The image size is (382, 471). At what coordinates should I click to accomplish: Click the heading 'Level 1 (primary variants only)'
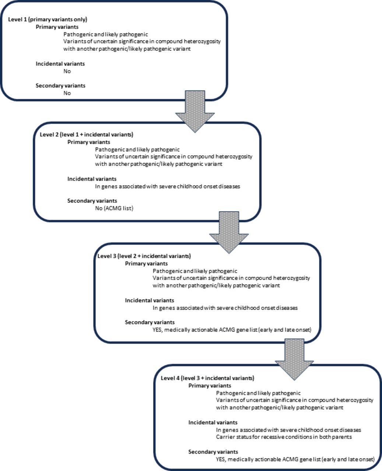[x=48, y=20]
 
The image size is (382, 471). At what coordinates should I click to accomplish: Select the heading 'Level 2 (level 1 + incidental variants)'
[x=87, y=134]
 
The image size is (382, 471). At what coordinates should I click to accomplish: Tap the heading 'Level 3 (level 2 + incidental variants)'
[x=144, y=256]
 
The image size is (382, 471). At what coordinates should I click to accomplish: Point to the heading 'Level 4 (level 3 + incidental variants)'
[x=207, y=378]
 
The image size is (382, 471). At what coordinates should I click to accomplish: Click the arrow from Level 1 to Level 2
[x=195, y=111]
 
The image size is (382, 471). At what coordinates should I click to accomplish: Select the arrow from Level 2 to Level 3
[x=229, y=233]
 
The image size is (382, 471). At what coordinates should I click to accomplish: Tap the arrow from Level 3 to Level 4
[x=294, y=360]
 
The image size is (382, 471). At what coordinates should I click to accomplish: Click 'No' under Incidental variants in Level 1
[x=67, y=71]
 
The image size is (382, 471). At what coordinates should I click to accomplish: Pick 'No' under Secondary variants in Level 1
[x=67, y=93]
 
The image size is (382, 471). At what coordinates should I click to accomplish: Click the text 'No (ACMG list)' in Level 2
[x=114, y=208]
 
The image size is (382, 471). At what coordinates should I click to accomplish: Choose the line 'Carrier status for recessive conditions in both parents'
[x=284, y=437]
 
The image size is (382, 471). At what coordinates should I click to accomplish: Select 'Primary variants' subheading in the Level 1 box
[x=57, y=27]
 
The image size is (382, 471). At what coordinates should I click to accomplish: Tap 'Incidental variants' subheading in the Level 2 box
[x=92, y=179]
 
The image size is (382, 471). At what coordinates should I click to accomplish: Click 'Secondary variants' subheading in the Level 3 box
[x=150, y=322]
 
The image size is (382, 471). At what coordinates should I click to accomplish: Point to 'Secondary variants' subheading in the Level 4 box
[x=213, y=452]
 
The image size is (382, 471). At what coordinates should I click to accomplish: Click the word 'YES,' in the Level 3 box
[x=158, y=330]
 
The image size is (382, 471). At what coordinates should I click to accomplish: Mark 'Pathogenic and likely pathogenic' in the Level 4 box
[x=258, y=393]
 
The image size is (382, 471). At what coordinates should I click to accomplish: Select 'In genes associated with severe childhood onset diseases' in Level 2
[x=168, y=187]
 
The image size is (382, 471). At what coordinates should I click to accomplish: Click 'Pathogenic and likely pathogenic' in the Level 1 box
[x=106, y=34]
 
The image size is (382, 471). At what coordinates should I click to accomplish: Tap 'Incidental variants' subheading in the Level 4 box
[x=213, y=422]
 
